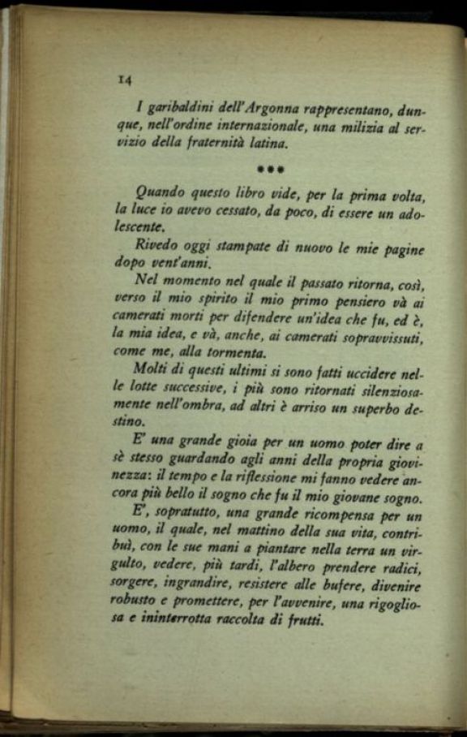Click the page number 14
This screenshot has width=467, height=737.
tap(124, 80)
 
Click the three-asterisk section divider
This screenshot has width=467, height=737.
tap(268, 170)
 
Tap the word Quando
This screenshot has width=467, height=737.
tap(160, 193)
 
